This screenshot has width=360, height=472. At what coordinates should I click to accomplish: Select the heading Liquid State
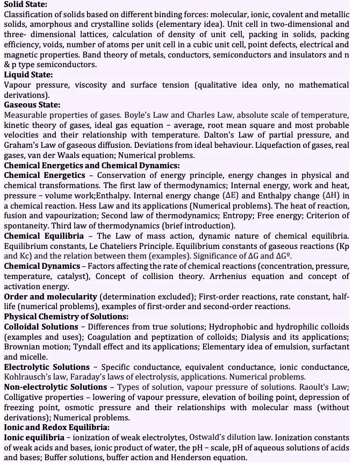pos(28,75)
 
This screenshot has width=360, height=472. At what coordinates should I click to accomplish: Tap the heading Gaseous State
pos(32,105)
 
